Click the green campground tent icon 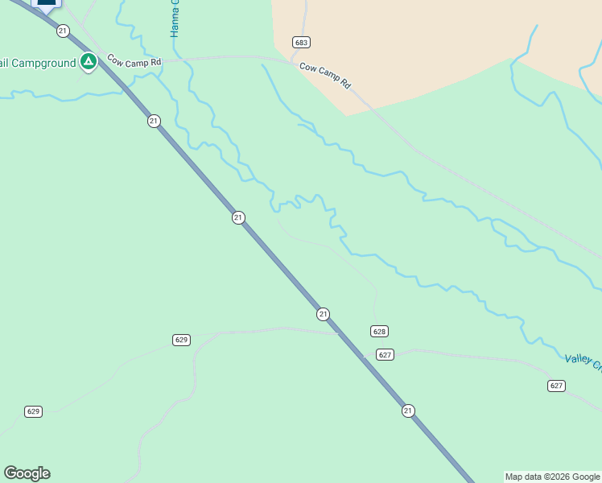[x=89, y=61]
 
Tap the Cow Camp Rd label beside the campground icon [x=134, y=61]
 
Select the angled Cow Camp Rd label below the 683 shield [x=325, y=75]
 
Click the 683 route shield [x=302, y=42]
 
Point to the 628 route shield [x=380, y=331]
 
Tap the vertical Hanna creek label [x=174, y=19]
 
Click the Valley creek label [x=583, y=363]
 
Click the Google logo [x=27, y=473]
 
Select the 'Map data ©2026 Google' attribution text [x=553, y=477]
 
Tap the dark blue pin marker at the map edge [x=47, y=3]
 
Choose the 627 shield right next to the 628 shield [x=385, y=355]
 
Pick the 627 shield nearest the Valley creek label [x=556, y=386]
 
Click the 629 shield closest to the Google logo [x=33, y=411]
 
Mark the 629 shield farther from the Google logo [x=181, y=340]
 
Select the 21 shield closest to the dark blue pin [x=63, y=31]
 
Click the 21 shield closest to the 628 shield [x=323, y=313]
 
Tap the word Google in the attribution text [x=586, y=477]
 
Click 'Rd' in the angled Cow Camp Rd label [x=346, y=84]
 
